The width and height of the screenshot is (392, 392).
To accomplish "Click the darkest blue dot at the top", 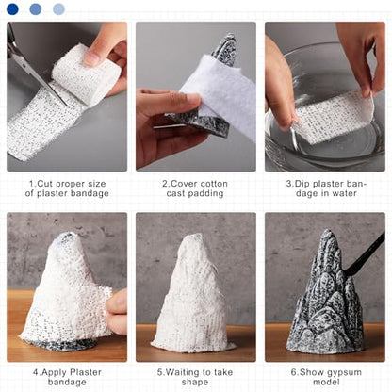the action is coord(12,9).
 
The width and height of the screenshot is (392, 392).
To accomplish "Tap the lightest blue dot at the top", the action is coord(58,9).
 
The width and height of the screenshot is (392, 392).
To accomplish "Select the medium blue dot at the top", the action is coord(36,9).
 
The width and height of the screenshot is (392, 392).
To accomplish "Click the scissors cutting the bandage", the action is coord(31,68).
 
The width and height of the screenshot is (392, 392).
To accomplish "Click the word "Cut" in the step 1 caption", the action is coord(45,184).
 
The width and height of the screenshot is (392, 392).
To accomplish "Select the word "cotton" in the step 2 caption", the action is coord(213,184).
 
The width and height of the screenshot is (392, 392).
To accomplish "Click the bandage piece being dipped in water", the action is coord(333,118).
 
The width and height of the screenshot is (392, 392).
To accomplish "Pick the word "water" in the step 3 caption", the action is coord(344,193).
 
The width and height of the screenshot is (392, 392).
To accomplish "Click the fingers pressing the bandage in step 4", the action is coord(117,313).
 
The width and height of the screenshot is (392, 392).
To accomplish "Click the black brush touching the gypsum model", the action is coord(366,254).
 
